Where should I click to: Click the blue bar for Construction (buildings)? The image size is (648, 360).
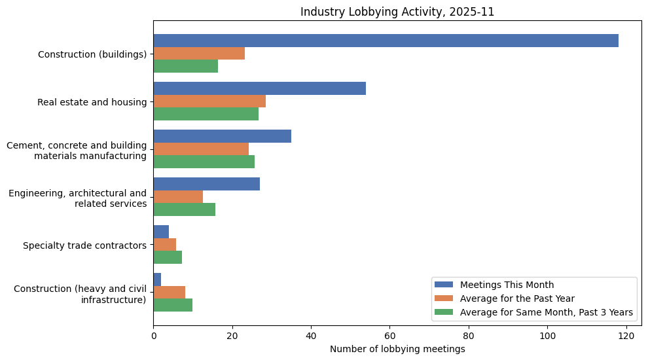(386, 41)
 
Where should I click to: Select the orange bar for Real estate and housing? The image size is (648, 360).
(209, 101)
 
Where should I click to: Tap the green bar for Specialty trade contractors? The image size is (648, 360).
(168, 257)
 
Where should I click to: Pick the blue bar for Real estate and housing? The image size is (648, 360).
(259, 88)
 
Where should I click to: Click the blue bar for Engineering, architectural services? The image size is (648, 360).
(206, 184)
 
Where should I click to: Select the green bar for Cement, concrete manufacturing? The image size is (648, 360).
(204, 162)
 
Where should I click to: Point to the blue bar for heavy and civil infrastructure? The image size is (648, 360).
(157, 279)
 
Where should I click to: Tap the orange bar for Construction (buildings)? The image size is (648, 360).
(199, 54)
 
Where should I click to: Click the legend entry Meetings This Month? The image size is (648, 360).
(507, 285)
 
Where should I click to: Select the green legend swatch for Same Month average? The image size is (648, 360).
(444, 312)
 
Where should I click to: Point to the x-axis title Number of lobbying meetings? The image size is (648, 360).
(397, 349)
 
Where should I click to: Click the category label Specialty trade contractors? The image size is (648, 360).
(84, 245)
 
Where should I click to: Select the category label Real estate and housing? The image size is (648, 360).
(92, 101)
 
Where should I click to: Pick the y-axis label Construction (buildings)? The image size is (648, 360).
(92, 54)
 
